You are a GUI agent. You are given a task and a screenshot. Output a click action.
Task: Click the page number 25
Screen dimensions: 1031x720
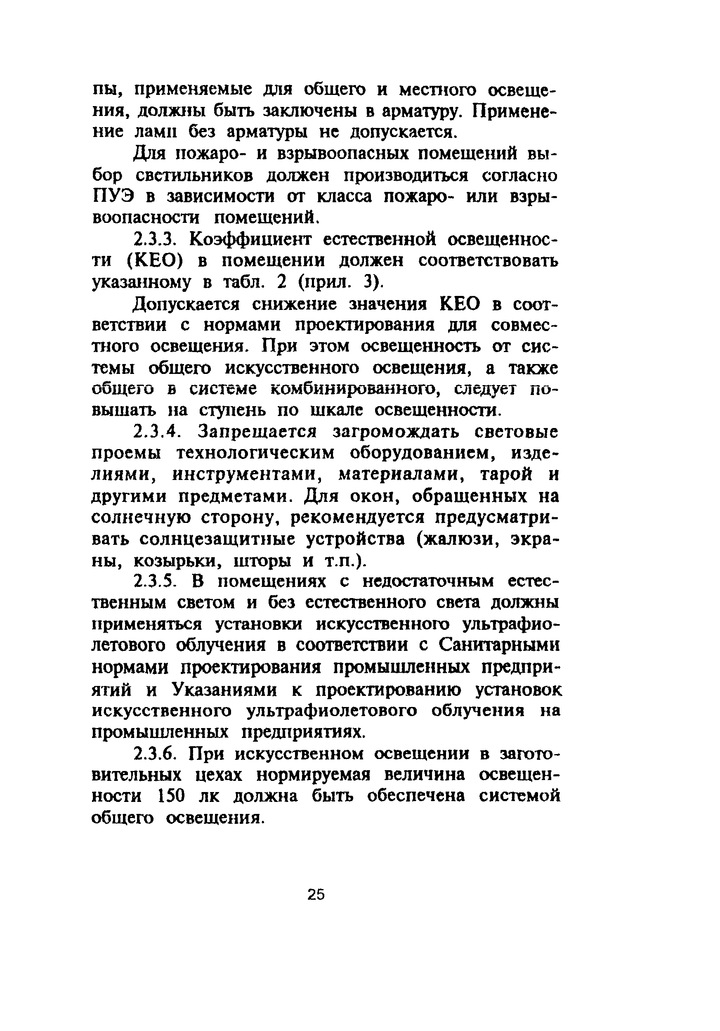click(316, 894)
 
